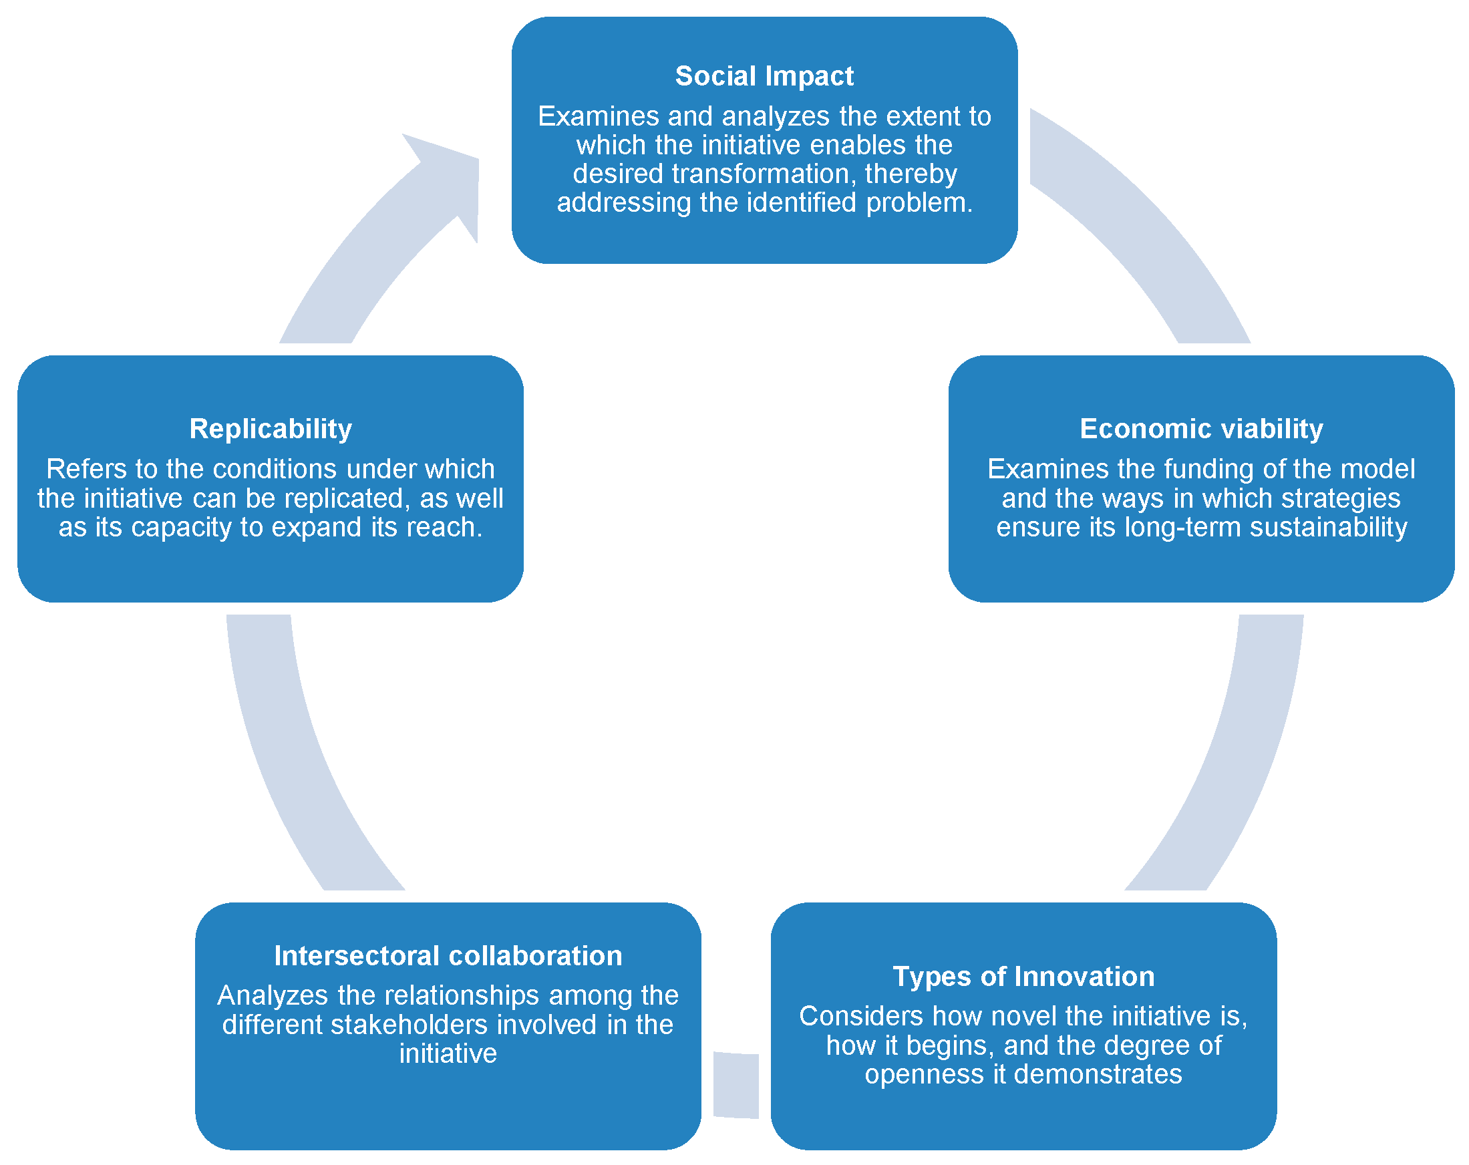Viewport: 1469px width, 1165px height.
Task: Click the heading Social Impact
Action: click(x=764, y=76)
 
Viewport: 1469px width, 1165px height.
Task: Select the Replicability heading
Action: click(x=271, y=429)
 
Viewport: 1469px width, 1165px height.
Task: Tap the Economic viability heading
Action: click(x=1201, y=429)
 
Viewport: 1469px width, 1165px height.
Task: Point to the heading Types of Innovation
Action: click(x=1023, y=976)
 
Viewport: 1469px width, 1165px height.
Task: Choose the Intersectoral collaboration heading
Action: click(x=448, y=956)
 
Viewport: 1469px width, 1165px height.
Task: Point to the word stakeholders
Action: click(x=412, y=1025)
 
